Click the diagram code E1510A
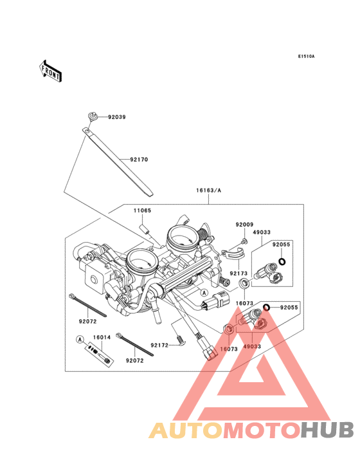pyautogui.click(x=305, y=57)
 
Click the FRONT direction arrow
pyautogui.click(x=51, y=70)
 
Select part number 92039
pyautogui.click(x=117, y=117)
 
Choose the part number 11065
pyautogui.click(x=142, y=210)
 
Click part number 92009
pyautogui.click(x=244, y=225)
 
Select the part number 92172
pyautogui.click(x=159, y=345)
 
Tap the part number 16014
pyautogui.click(x=102, y=336)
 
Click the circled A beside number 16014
pyautogui.click(x=80, y=339)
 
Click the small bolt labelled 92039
pyautogui.click(x=93, y=116)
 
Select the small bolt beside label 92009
pyautogui.click(x=245, y=241)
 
